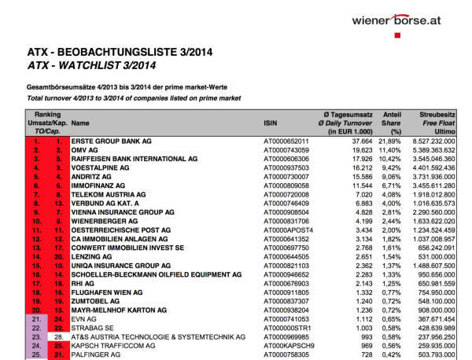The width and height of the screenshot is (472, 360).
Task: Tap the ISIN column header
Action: [x=271, y=123]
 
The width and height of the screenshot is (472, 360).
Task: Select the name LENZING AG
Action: [x=92, y=257]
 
